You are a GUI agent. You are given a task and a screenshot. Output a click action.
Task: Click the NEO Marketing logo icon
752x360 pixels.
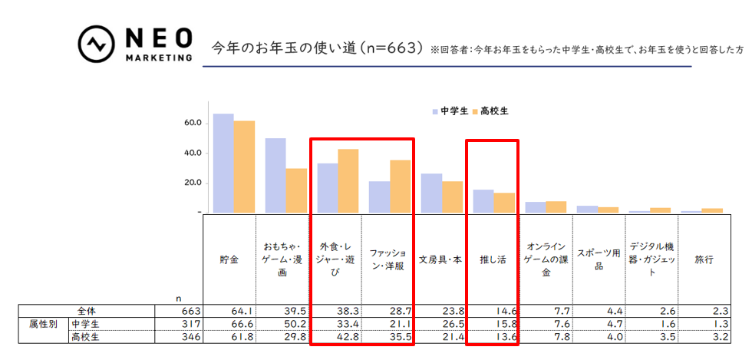96,45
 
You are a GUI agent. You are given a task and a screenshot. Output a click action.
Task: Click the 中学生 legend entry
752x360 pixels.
450,111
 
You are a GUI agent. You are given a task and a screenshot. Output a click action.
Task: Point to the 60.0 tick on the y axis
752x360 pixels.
192,123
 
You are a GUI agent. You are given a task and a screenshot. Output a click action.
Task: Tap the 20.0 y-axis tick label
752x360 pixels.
192,183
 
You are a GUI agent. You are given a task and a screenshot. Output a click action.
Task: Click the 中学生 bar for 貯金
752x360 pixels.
223,163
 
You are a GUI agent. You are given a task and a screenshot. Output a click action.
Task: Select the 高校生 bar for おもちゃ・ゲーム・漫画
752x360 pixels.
296,190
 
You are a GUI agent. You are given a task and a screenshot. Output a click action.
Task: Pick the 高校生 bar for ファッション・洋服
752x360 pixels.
400,186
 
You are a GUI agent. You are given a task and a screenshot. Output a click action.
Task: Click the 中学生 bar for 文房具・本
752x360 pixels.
431,193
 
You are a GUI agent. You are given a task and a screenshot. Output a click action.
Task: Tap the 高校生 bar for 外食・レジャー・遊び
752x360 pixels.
348,180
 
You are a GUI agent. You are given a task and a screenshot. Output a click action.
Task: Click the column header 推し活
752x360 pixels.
492,259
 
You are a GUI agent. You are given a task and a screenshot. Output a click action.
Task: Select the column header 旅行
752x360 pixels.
704,259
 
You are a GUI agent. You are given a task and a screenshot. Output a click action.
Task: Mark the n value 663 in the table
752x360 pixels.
190,311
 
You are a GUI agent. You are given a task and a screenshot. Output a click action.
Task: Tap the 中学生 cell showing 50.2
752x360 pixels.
284,324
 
